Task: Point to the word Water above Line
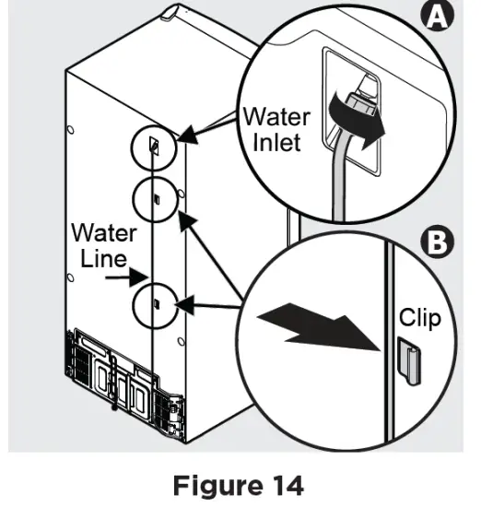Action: (x=104, y=232)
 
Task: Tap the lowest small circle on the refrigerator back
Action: (x=155, y=302)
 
